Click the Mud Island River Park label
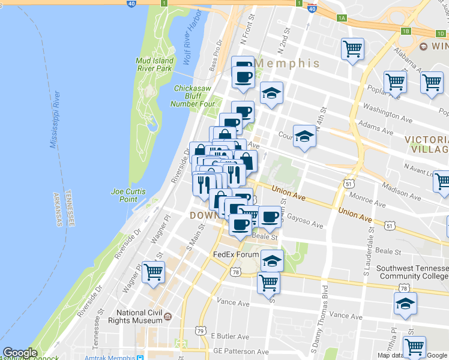[x=154, y=64]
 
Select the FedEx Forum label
[x=237, y=254]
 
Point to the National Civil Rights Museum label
[x=139, y=316]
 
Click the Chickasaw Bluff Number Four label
[x=194, y=96]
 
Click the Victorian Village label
[x=426, y=144]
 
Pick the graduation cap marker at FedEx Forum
[x=272, y=261]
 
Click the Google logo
[x=20, y=353]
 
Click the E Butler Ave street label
[x=229, y=337]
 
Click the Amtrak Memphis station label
[x=111, y=358]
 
